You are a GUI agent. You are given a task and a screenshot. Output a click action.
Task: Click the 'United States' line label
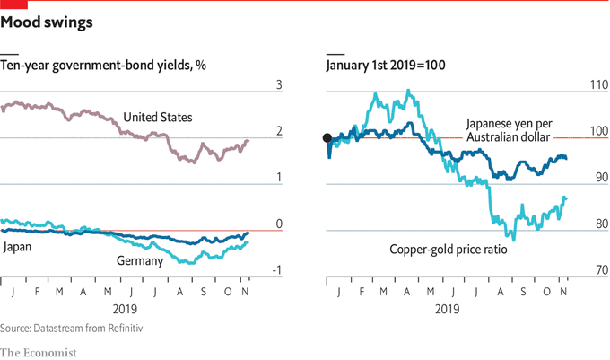tap(158, 118)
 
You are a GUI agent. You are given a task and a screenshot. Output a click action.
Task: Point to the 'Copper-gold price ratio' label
tap(449, 250)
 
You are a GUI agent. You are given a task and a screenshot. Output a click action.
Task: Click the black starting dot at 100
tap(327, 137)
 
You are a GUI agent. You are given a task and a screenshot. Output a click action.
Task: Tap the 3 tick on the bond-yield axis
tap(279, 85)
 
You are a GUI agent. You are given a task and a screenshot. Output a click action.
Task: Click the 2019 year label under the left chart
tap(132, 307)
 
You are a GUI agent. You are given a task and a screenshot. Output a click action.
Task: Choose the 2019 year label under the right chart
tap(445, 307)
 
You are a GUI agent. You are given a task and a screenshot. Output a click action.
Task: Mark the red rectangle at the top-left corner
tap(13, 4)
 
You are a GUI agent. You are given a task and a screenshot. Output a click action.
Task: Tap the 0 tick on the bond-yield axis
tap(279, 224)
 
